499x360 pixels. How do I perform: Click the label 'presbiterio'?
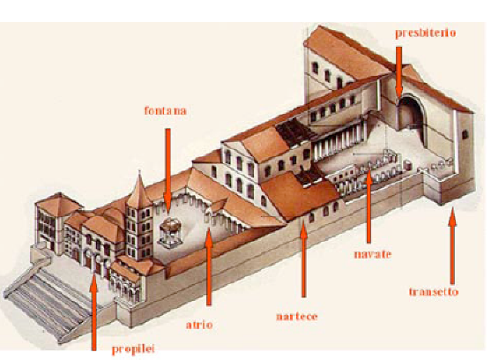(x=426, y=34)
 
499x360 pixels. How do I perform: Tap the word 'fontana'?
(x=165, y=110)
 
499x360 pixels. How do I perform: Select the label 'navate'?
(x=373, y=254)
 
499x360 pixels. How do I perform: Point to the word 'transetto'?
(x=434, y=292)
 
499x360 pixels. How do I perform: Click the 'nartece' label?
(x=297, y=317)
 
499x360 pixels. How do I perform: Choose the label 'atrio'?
(x=199, y=325)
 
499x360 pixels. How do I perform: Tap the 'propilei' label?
(x=133, y=349)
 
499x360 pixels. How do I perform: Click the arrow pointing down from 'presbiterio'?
(x=398, y=72)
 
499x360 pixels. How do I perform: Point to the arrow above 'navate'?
(x=369, y=206)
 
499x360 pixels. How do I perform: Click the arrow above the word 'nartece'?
(x=303, y=259)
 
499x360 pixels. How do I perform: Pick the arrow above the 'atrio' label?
(x=209, y=266)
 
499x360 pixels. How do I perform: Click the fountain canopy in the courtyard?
(x=170, y=233)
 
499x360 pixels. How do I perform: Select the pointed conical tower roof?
(x=138, y=191)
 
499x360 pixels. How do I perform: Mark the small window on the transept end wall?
(x=465, y=135)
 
